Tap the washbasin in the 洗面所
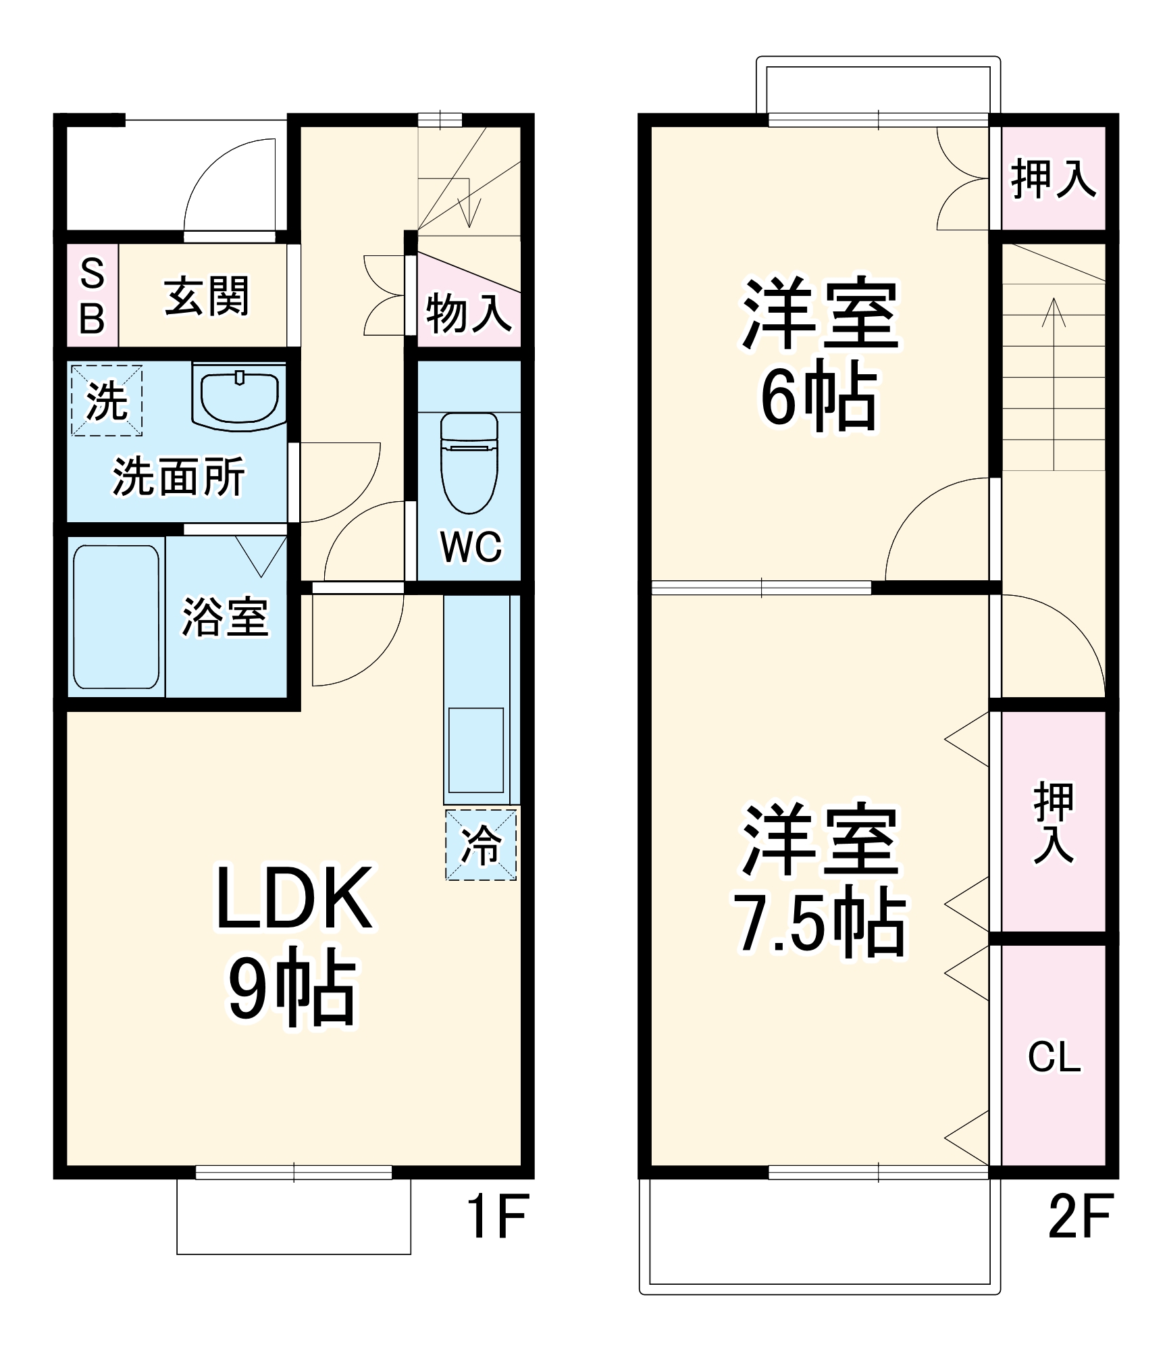coord(239,398)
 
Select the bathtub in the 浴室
coord(116,617)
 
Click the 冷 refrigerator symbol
coord(481,845)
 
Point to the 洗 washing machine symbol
coord(107,401)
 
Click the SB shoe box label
coord(93,297)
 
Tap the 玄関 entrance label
coord(207,296)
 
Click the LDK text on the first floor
coord(294,899)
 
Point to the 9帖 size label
coord(292,986)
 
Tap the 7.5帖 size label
coord(820,923)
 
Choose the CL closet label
coord(1054,1057)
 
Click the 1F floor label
coord(498,1217)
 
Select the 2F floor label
coord(1080,1217)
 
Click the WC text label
coord(471,546)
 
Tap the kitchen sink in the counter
coord(476,750)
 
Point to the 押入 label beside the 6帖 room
coord(1053,179)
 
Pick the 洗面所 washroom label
coord(178,477)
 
